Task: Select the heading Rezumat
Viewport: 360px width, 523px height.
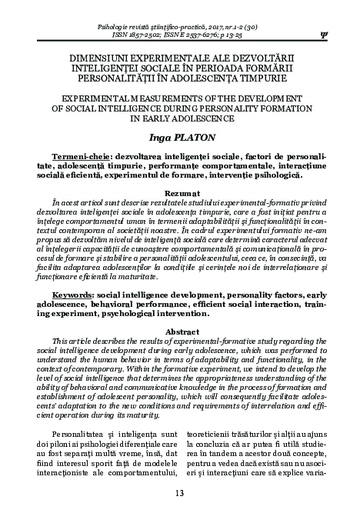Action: [x=179, y=187]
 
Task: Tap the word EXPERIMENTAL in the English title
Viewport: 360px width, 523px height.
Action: [x=80, y=99]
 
